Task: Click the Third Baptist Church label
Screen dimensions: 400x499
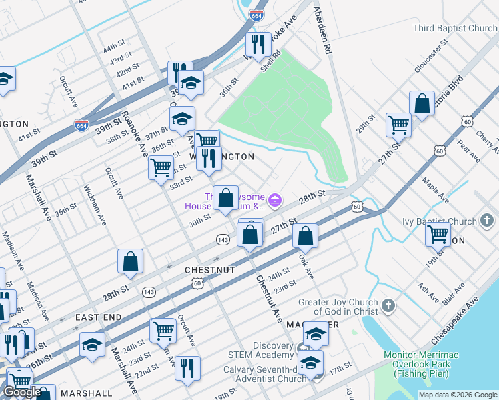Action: [x=455, y=29]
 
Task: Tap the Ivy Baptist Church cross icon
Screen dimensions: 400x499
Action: [x=488, y=221]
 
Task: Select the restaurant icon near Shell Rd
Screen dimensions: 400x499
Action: [x=258, y=45]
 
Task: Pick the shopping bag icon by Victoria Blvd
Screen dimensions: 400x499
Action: [x=422, y=104]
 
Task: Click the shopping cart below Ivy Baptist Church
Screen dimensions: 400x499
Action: [x=438, y=234]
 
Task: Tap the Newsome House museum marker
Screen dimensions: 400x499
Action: [x=274, y=199]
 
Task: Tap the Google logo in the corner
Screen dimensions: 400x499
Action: [x=22, y=392]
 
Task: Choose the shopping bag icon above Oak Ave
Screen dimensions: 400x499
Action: [x=305, y=235]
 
